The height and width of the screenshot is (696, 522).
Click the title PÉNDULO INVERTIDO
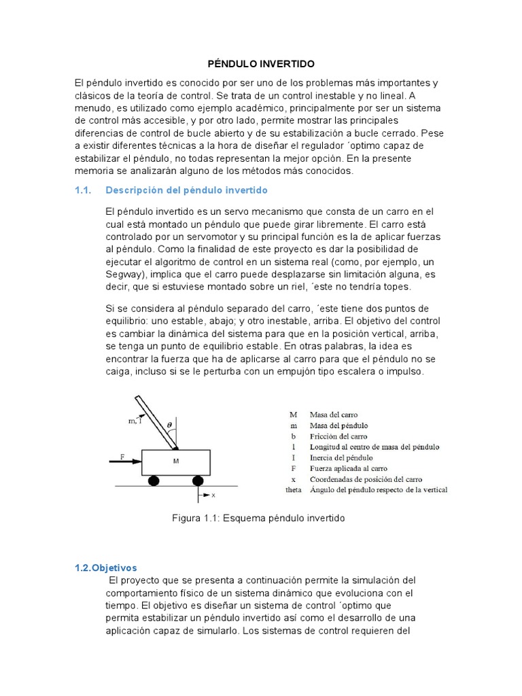click(261, 63)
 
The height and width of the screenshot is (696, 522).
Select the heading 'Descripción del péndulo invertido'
click(187, 190)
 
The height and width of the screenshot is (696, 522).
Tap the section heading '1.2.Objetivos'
click(105, 568)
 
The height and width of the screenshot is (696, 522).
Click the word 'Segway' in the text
click(124, 275)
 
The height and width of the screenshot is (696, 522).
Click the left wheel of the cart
click(154, 481)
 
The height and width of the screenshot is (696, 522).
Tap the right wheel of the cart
click(197, 481)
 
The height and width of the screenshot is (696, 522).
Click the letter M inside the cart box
click(175, 462)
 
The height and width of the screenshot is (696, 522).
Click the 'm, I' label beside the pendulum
click(135, 421)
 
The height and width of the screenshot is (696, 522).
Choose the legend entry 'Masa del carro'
click(333, 414)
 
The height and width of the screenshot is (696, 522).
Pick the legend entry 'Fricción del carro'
click(338, 436)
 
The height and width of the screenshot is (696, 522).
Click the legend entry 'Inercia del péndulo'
click(341, 457)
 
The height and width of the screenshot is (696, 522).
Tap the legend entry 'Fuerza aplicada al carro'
click(348, 468)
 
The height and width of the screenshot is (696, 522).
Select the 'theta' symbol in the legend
click(292, 490)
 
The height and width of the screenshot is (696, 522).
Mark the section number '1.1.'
click(83, 190)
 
